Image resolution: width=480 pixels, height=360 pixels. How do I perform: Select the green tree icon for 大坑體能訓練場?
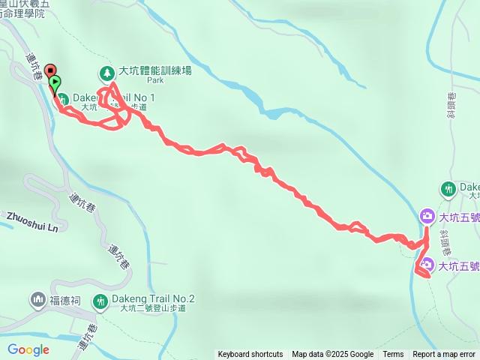[107, 73]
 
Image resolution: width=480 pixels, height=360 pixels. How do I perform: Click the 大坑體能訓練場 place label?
[155, 71]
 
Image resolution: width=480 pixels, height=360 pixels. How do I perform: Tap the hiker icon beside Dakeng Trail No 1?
[63, 98]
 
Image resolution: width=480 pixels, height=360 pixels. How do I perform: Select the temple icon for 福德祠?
[38, 301]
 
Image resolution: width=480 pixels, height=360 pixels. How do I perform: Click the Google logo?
[28, 349]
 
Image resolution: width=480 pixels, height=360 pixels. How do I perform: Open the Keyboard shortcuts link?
[250, 355]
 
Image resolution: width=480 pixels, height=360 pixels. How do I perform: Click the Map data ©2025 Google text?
[332, 355]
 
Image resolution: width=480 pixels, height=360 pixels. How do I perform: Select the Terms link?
[393, 355]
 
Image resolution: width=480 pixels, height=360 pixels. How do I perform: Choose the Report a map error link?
[444, 355]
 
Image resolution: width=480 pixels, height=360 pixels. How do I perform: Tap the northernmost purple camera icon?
[426, 217]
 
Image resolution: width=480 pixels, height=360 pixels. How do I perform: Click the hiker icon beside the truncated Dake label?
[448, 188]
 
